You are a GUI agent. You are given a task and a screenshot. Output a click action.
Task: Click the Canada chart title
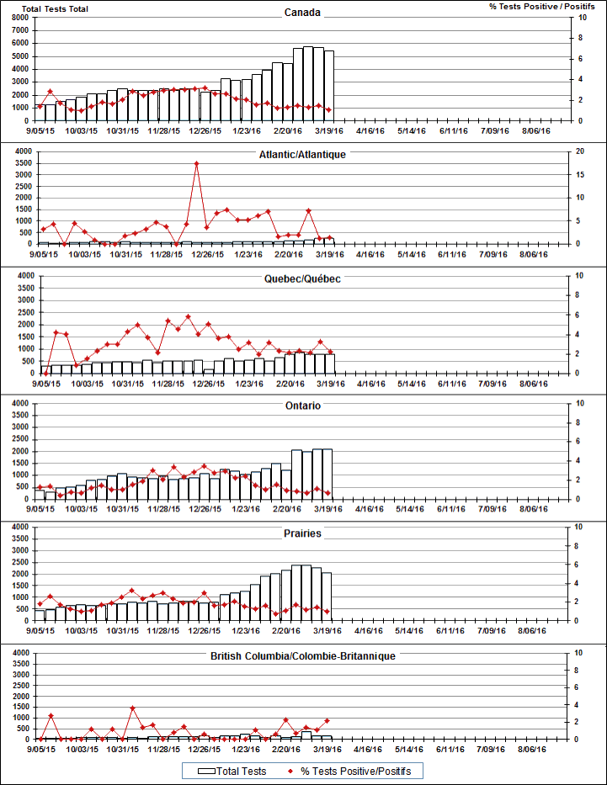(302, 13)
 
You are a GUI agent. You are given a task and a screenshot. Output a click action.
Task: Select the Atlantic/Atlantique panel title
(302, 155)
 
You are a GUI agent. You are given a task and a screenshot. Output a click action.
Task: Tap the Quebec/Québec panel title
(302, 278)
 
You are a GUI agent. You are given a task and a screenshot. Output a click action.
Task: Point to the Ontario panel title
(303, 406)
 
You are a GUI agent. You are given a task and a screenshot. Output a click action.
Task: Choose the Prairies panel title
(303, 533)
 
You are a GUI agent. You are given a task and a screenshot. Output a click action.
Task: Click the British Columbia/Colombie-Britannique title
(302, 655)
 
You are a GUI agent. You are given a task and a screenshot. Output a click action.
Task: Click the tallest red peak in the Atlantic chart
(196, 164)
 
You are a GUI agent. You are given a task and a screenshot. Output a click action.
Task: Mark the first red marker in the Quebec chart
(45, 372)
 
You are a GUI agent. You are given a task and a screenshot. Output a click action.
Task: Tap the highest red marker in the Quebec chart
(188, 317)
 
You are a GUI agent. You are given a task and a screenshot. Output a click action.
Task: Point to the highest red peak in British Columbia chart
(132, 708)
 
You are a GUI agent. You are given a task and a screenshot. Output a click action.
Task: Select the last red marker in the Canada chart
(328, 110)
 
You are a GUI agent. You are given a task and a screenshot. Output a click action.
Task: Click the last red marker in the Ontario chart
(327, 492)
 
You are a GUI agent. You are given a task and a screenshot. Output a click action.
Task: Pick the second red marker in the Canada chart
(51, 91)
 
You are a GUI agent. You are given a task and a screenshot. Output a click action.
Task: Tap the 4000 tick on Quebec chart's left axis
(24, 275)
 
